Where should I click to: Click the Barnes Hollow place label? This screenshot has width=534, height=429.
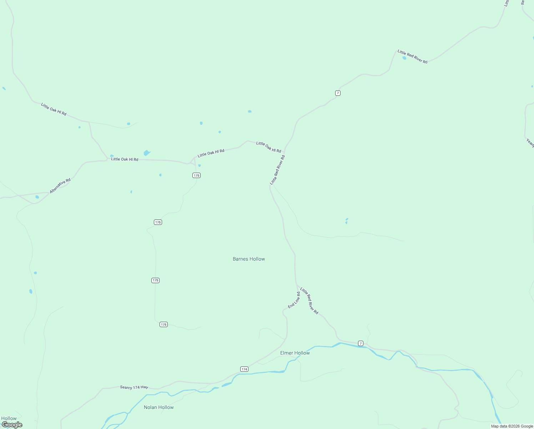click(249, 259)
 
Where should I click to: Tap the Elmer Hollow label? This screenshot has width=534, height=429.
click(295, 353)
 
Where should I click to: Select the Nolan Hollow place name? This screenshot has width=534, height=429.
click(158, 407)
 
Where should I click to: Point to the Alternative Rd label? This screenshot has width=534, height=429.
click(60, 186)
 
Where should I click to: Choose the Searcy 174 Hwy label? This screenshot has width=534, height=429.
click(134, 387)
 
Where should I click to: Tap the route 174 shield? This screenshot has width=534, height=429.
click(244, 369)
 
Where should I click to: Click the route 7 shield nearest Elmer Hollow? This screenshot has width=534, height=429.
click(361, 344)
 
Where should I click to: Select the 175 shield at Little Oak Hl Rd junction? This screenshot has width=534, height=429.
click(196, 175)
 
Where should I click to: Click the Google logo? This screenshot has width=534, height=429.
click(12, 425)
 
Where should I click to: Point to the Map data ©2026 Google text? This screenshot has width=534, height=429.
click(512, 426)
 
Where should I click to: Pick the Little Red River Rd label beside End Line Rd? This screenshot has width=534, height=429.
click(309, 301)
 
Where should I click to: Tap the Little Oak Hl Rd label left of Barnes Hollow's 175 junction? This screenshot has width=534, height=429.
click(125, 159)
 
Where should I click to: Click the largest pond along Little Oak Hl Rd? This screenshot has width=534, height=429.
click(147, 153)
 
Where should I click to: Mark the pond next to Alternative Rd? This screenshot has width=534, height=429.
click(37, 197)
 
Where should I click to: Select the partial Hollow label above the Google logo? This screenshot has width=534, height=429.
click(9, 418)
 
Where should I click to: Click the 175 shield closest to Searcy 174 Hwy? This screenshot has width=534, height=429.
click(163, 325)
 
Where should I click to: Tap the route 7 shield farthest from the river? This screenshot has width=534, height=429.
click(338, 93)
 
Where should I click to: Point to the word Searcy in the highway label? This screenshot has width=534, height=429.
click(126, 387)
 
